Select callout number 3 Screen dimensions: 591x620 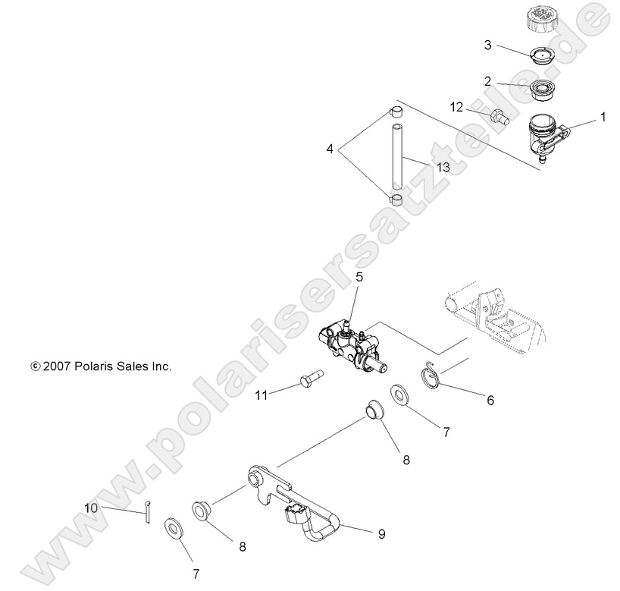489,45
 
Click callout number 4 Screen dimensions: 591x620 330,149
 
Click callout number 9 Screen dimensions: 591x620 381,534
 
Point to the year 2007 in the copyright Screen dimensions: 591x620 58,366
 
